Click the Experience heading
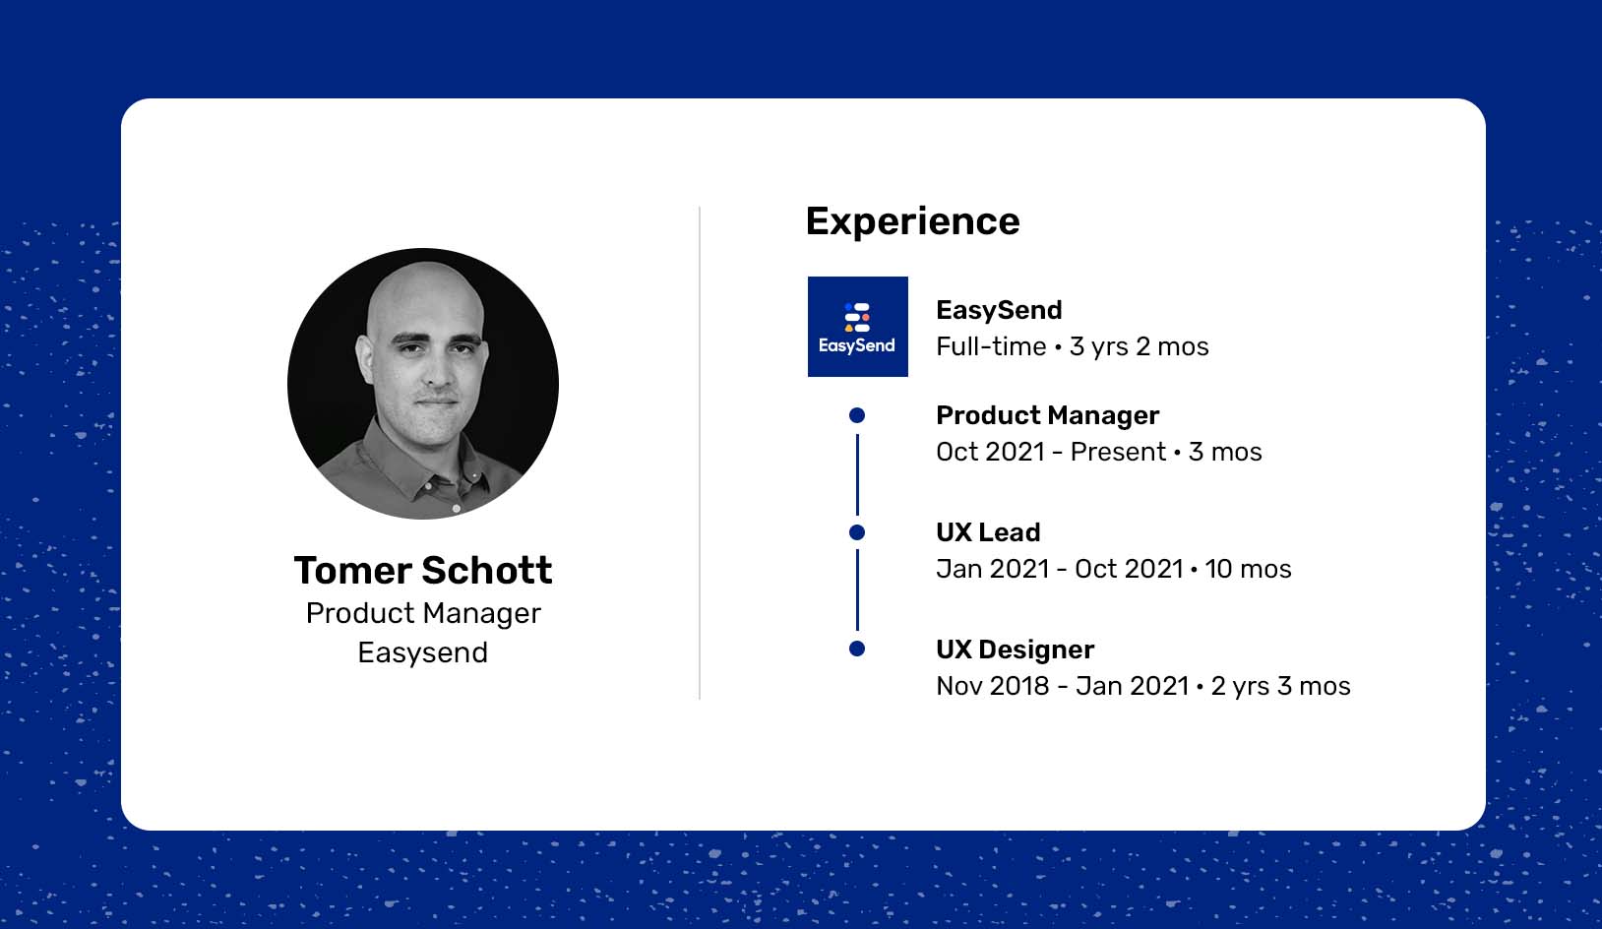tap(912, 221)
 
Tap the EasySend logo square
tap(857, 326)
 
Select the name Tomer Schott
tap(423, 570)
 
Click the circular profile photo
tap(423, 384)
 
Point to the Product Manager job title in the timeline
tap(1047, 415)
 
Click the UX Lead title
tap(988, 532)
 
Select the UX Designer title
tap(1015, 650)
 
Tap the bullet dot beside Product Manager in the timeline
tap(857, 415)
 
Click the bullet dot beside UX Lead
tap(857, 532)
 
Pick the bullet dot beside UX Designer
tap(857, 649)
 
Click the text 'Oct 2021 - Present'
tap(1051, 452)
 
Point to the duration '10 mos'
tap(1248, 569)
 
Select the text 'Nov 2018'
tap(994, 686)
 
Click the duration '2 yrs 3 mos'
tap(1280, 686)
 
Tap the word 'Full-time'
tap(991, 346)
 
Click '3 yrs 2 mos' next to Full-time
tap(1139, 346)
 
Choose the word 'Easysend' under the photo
tap(423, 652)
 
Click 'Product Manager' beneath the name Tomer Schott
tap(423, 614)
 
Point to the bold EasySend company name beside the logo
tap(999, 310)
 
